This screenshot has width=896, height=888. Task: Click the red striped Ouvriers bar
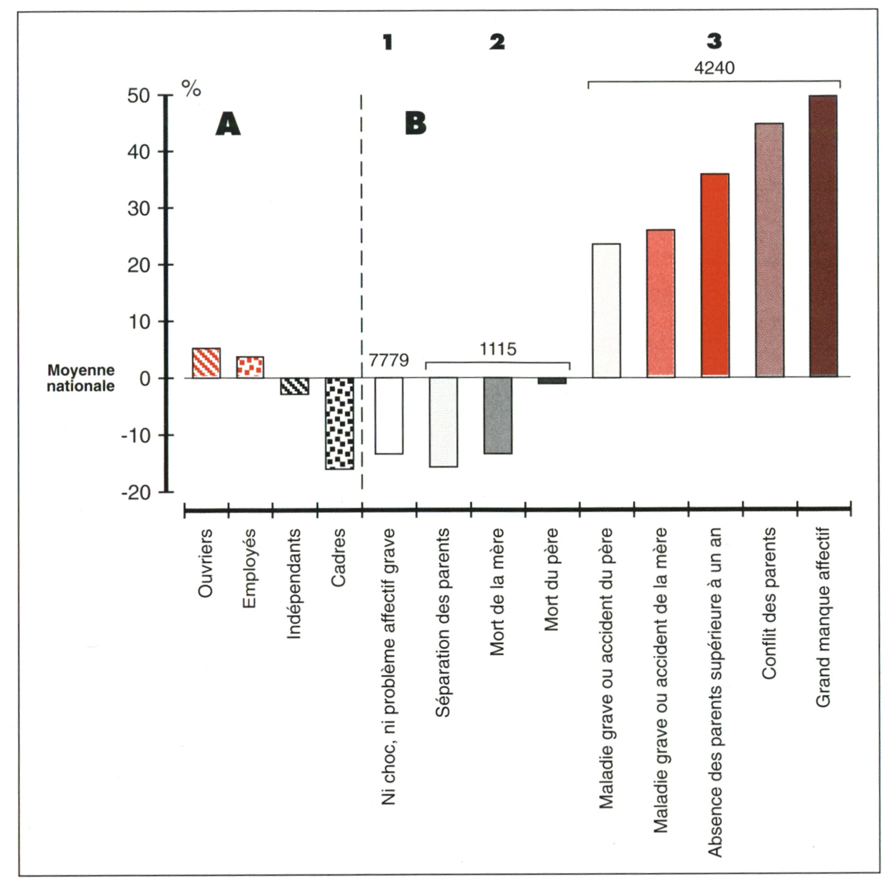[206, 363]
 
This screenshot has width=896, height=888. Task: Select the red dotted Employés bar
[250, 367]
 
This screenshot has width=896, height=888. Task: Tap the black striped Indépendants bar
[294, 386]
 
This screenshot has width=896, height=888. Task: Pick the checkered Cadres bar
[339, 423]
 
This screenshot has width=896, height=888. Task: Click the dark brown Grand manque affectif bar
[823, 236]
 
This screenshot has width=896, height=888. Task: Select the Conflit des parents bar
[769, 250]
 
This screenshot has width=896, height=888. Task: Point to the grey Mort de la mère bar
[498, 415]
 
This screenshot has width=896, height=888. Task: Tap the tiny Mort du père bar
[552, 381]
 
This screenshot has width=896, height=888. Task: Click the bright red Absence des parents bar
[715, 275]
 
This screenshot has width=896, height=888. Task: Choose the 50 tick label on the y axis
[139, 96]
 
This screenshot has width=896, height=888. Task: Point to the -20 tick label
[136, 492]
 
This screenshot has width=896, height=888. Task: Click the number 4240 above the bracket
[714, 68]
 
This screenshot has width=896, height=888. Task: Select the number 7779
[388, 360]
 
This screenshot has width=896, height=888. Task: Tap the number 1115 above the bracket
[498, 349]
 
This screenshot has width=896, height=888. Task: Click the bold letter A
[228, 124]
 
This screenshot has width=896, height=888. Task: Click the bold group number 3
[714, 41]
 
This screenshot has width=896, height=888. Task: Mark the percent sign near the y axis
[191, 88]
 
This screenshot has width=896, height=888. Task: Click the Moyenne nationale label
[81, 378]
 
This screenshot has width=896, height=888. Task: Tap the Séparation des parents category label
[442, 622]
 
